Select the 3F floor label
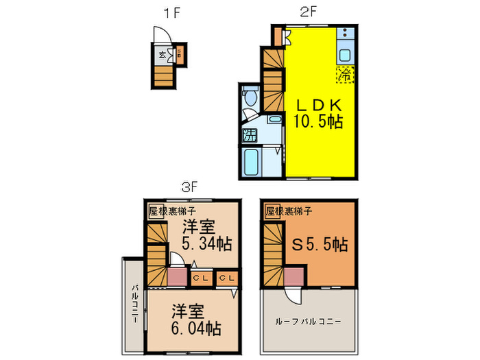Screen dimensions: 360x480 tap(189, 186)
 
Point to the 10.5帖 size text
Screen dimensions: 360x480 tap(318, 123)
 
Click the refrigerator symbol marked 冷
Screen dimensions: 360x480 tap(344, 75)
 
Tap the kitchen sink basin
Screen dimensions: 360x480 tap(345, 56)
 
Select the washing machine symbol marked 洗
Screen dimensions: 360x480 tap(252, 134)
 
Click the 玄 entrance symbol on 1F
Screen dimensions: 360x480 tap(163, 56)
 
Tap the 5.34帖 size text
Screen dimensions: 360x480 tap(206, 243)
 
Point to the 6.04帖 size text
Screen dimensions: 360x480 tap(195, 328)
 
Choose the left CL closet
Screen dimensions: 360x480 tap(200, 278)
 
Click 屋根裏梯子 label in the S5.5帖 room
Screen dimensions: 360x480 tap(288, 211)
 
